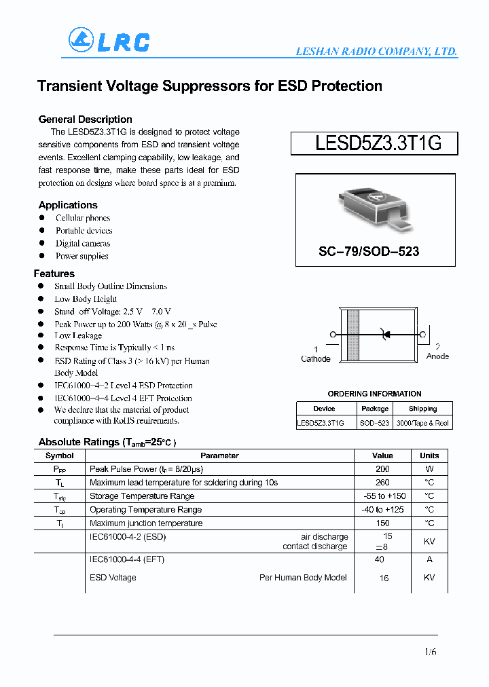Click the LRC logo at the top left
tap(109, 41)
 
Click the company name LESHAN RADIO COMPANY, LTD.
tap(376, 52)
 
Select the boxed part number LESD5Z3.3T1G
tap(374, 143)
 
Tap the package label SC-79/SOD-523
tap(369, 251)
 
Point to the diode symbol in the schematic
tap(386, 334)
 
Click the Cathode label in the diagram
tap(315, 358)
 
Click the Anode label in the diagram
tap(437, 356)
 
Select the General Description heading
tap(85, 119)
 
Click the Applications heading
tap(68, 205)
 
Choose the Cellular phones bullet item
tap(83, 218)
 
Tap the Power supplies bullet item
tap(81, 256)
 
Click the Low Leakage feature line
tap(78, 335)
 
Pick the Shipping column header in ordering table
tap(422, 409)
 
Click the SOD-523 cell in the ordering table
tap(375, 423)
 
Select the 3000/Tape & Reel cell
tap(422, 423)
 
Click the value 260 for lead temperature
tap(382, 483)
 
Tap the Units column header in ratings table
tap(429, 456)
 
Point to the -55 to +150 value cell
tap(383, 496)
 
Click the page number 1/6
tap(430, 652)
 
